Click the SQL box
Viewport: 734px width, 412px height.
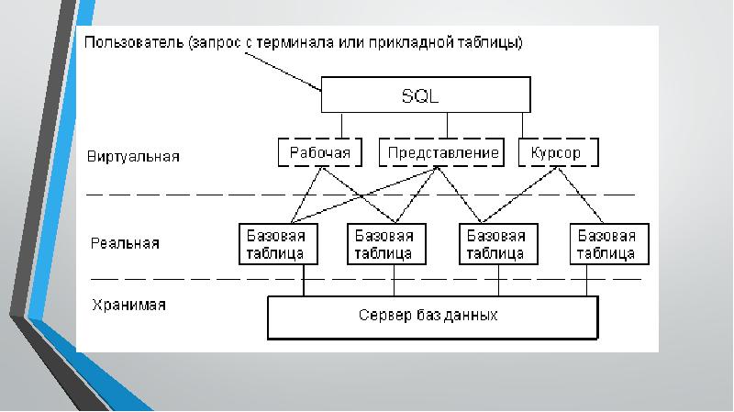click(424, 95)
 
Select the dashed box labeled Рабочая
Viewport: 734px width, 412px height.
click(319, 152)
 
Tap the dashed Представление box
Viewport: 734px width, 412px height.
click(442, 152)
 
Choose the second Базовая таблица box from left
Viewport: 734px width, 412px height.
click(384, 243)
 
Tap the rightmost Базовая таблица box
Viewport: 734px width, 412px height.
click(606, 243)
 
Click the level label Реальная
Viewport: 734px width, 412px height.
click(125, 243)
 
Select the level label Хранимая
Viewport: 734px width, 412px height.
click(128, 305)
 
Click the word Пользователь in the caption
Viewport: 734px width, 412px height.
click(132, 43)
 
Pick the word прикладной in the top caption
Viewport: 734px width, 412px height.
click(421, 43)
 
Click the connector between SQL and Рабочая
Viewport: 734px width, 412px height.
click(341, 126)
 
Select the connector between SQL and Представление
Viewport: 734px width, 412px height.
click(447, 126)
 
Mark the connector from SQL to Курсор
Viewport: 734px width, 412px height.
click(522, 126)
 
